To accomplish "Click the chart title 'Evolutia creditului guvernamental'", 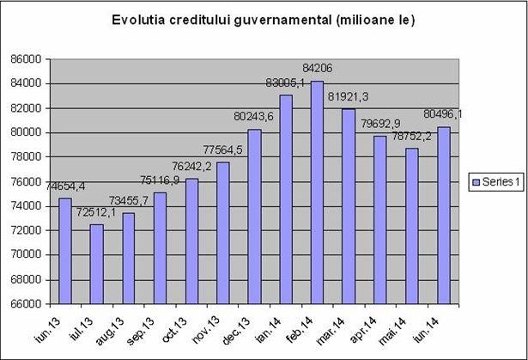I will [x=264, y=20].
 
